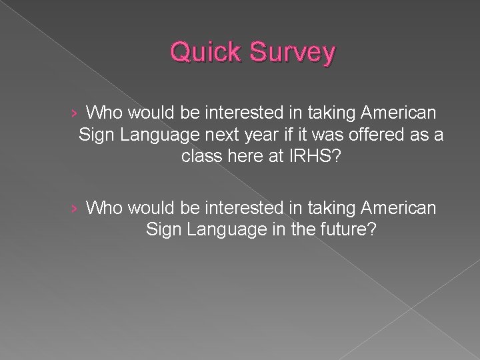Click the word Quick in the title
pos(203,53)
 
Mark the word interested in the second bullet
pos(229,209)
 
